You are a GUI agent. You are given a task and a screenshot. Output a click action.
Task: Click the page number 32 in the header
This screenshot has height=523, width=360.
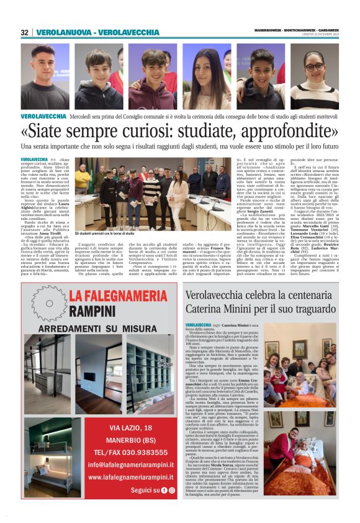click(x=25, y=32)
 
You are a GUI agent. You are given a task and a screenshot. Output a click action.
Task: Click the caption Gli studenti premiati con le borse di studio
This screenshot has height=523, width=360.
click(x=104, y=233)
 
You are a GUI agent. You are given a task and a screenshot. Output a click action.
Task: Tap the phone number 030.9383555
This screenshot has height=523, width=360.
click(x=142, y=452)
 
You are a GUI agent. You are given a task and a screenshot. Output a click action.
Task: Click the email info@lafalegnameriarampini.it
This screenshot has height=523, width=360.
click(x=130, y=465)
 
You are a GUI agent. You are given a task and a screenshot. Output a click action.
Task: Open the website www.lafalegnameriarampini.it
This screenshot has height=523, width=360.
click(x=130, y=477)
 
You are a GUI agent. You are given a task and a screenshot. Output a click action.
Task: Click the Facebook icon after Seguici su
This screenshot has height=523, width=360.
click(x=164, y=490)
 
